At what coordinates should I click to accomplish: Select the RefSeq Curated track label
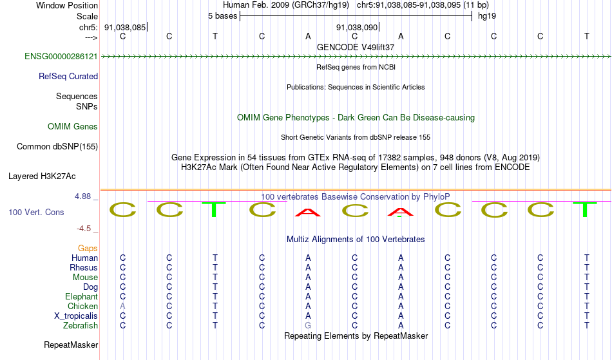click(68, 77)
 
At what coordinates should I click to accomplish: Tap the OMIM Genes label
click(73, 127)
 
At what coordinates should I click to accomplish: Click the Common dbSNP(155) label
click(57, 147)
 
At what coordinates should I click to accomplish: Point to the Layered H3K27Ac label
click(42, 176)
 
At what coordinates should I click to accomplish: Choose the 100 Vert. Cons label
click(36, 212)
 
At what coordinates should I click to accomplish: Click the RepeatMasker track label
click(71, 345)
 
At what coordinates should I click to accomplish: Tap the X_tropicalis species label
click(76, 316)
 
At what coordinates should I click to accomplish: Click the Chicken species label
click(83, 307)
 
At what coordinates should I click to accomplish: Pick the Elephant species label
click(81, 297)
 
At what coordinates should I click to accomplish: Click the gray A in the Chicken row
click(122, 307)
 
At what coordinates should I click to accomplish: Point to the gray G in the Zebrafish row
click(308, 326)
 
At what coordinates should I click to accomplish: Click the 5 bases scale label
click(222, 15)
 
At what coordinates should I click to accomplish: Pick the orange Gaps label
click(88, 249)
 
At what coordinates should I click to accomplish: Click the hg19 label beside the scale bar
click(486, 15)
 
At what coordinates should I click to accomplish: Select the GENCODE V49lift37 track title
click(356, 47)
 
